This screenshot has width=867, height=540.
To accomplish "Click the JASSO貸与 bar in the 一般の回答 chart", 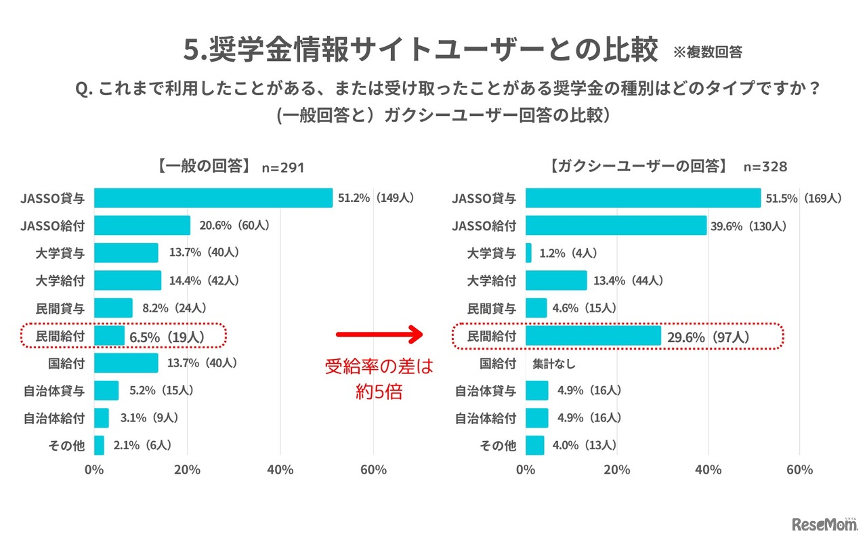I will (213, 198).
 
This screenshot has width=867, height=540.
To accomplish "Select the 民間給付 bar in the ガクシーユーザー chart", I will (593, 336).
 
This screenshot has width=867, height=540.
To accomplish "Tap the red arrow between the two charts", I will (379, 334).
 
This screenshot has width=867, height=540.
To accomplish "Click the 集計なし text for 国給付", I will (555, 364).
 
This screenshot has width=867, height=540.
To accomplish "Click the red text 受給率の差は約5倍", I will (379, 379).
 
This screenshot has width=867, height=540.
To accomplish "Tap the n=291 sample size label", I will (282, 167).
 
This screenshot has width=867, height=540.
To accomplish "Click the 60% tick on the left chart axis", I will (373, 470).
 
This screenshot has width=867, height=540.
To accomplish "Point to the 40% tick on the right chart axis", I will (708, 470).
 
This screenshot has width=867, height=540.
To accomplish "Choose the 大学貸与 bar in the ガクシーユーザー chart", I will (528, 253).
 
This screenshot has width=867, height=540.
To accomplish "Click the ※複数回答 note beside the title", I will (708, 52).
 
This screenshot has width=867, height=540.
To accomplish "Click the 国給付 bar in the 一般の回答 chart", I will (126, 363).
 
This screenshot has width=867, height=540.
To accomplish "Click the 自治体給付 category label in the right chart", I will (485, 418).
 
